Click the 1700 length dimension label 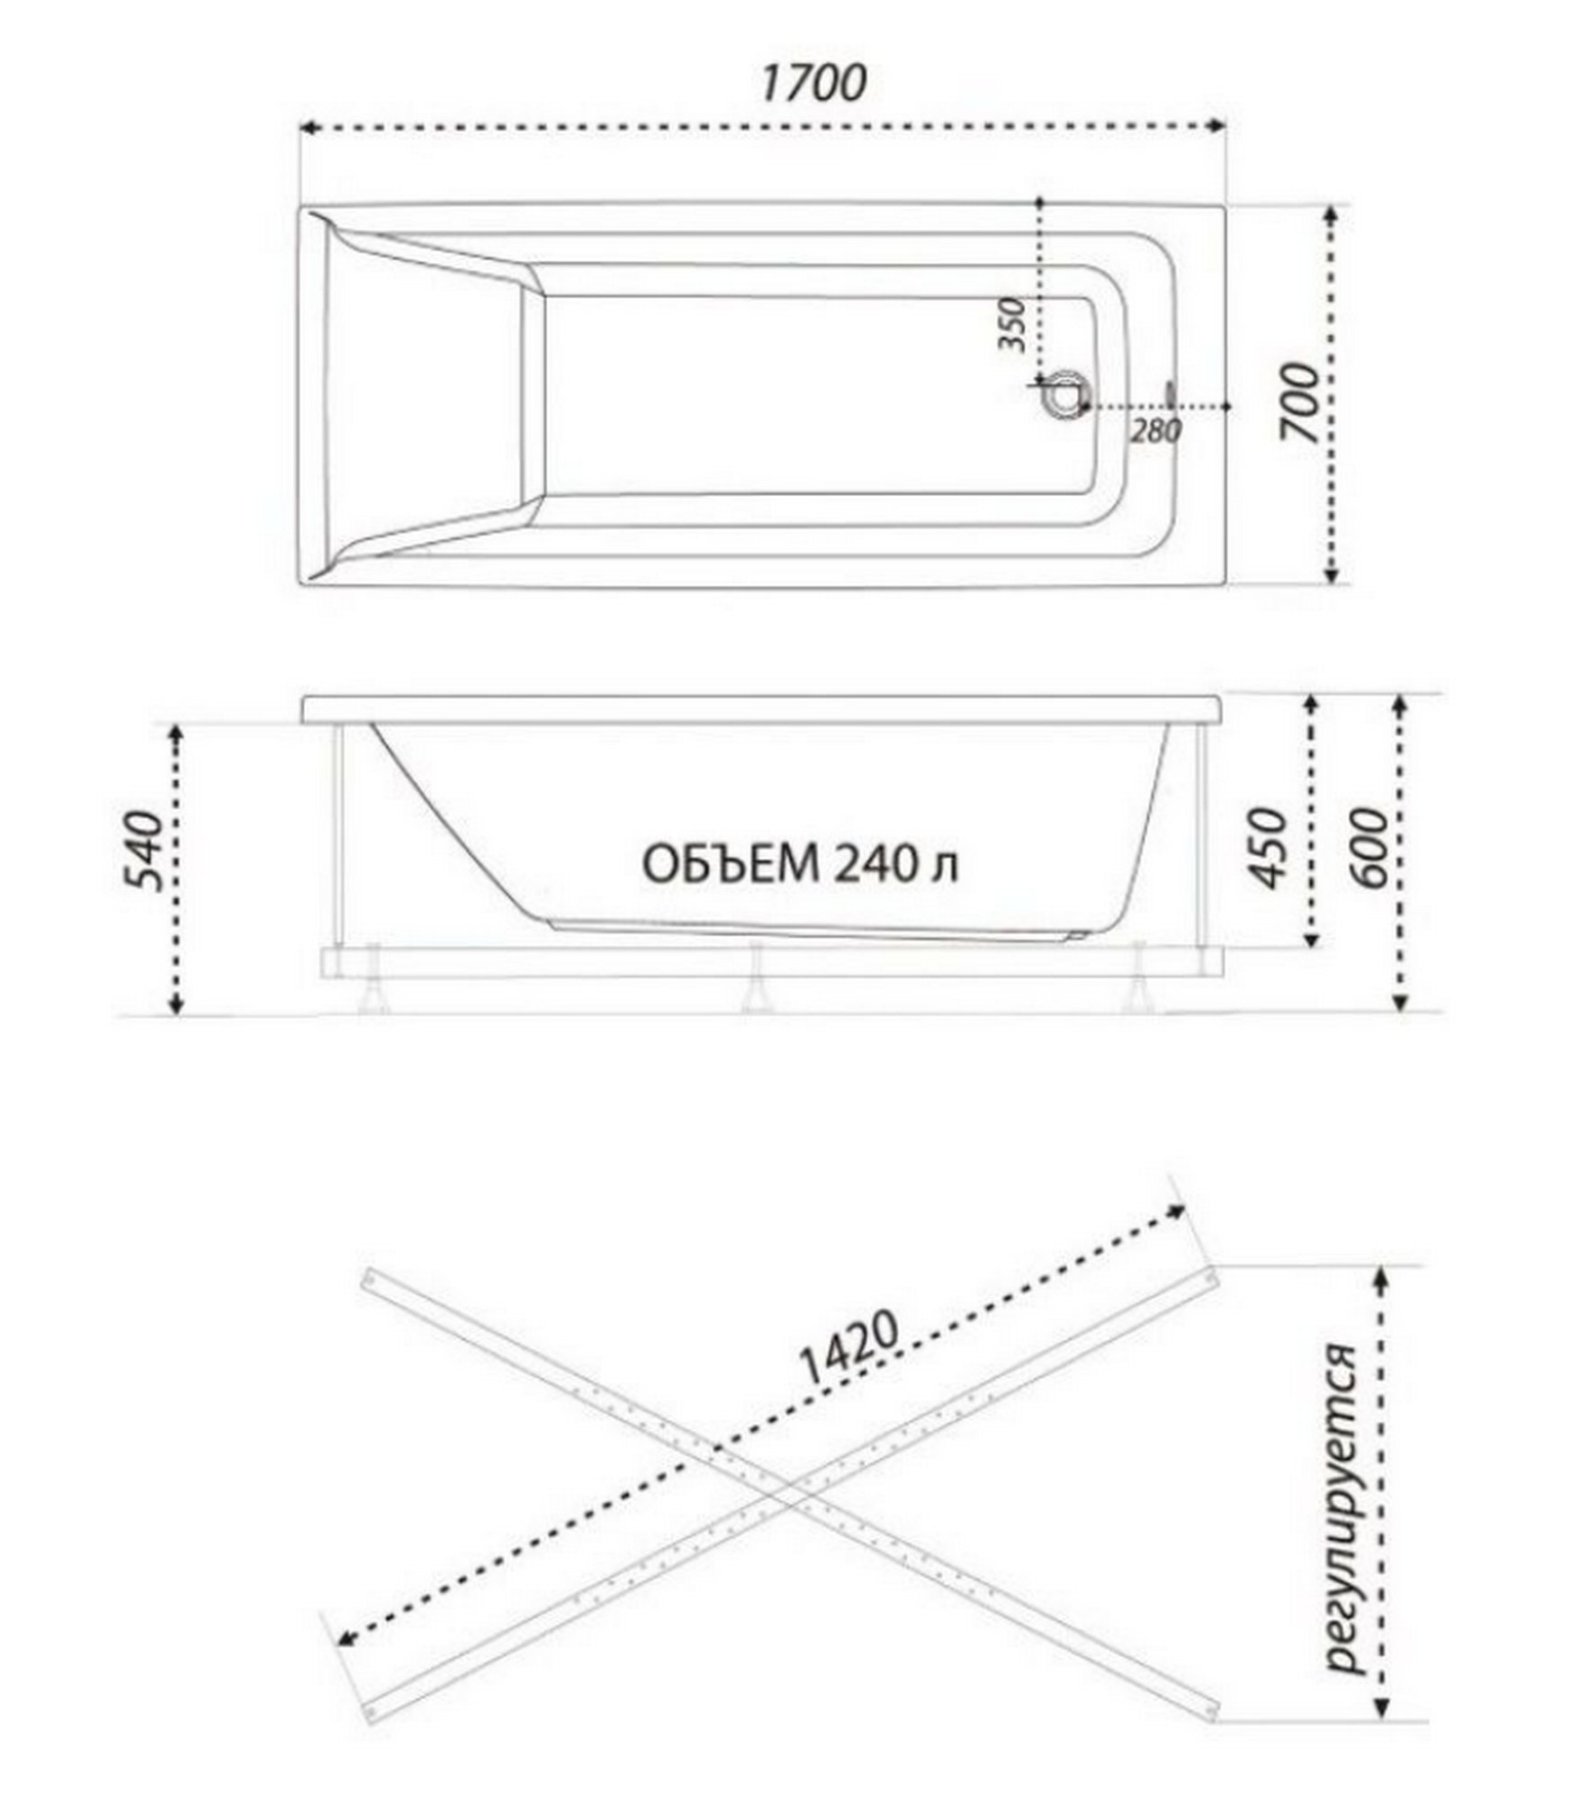[814, 83]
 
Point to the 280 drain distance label [1155, 432]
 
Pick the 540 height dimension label [144, 850]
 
